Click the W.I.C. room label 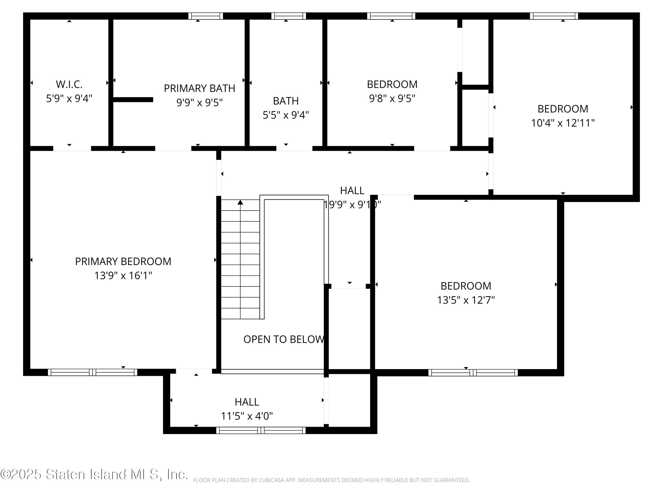(x=69, y=84)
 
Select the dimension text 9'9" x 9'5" (x=199, y=102)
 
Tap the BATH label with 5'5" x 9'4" (x=286, y=101)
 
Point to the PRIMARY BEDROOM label (x=123, y=262)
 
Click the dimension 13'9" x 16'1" (x=123, y=276)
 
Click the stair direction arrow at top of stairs (x=240, y=203)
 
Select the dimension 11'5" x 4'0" (x=247, y=416)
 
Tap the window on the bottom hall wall (x=261, y=431)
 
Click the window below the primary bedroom (x=92, y=372)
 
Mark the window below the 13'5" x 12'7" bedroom (x=473, y=373)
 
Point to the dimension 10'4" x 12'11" (x=563, y=123)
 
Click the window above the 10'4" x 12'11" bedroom (x=554, y=16)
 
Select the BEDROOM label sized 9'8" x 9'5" (x=392, y=84)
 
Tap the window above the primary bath (x=206, y=16)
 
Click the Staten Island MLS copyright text (x=94, y=474)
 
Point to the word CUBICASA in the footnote (x=271, y=480)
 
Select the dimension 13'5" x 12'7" (x=466, y=300)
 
